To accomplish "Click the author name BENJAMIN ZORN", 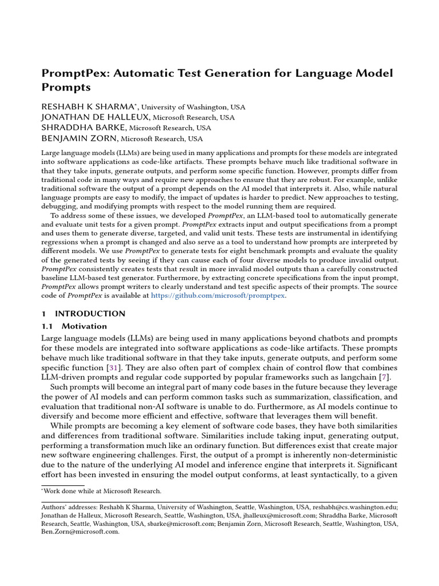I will (79, 138).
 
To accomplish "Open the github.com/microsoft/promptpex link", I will (218, 296).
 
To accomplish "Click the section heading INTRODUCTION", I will (90, 314).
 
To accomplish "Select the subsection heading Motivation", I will (84, 326).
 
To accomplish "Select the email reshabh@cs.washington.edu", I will (354, 507).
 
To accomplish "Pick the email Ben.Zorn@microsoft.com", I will (81, 531).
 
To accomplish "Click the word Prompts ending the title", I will (66, 88).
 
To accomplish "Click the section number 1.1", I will (47, 326).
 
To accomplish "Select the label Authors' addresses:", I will (69, 507).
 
